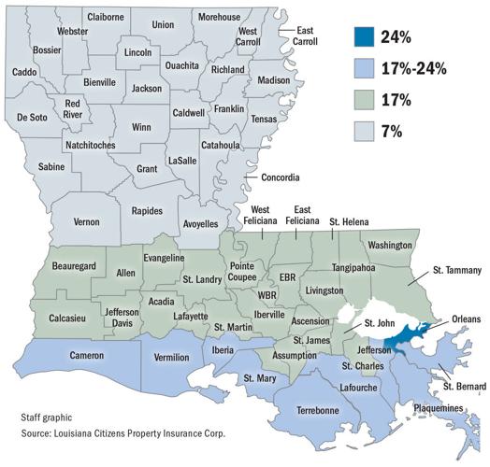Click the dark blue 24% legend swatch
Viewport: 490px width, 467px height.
367,38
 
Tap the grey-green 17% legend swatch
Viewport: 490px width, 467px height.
367,99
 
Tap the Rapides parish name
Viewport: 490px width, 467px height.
147,211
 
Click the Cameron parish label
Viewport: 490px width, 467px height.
86,355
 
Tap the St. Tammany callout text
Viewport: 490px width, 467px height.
455,271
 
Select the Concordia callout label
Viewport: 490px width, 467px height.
280,177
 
